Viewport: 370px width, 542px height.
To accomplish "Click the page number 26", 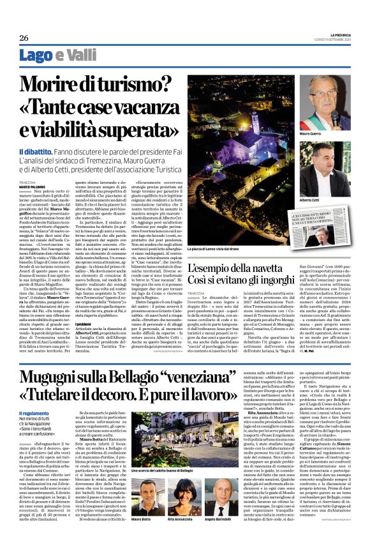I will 24,38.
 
